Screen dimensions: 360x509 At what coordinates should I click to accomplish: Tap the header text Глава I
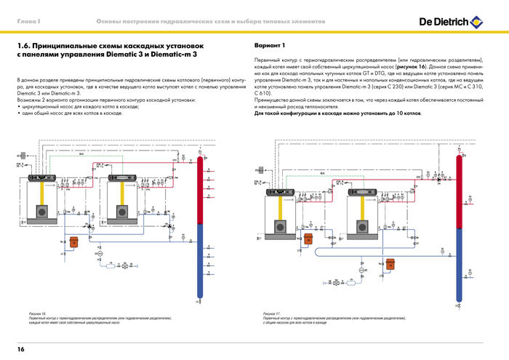point(28,26)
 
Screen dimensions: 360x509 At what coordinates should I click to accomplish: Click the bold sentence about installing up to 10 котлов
point(337,113)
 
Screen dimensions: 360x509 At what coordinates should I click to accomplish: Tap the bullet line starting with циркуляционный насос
point(73,107)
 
